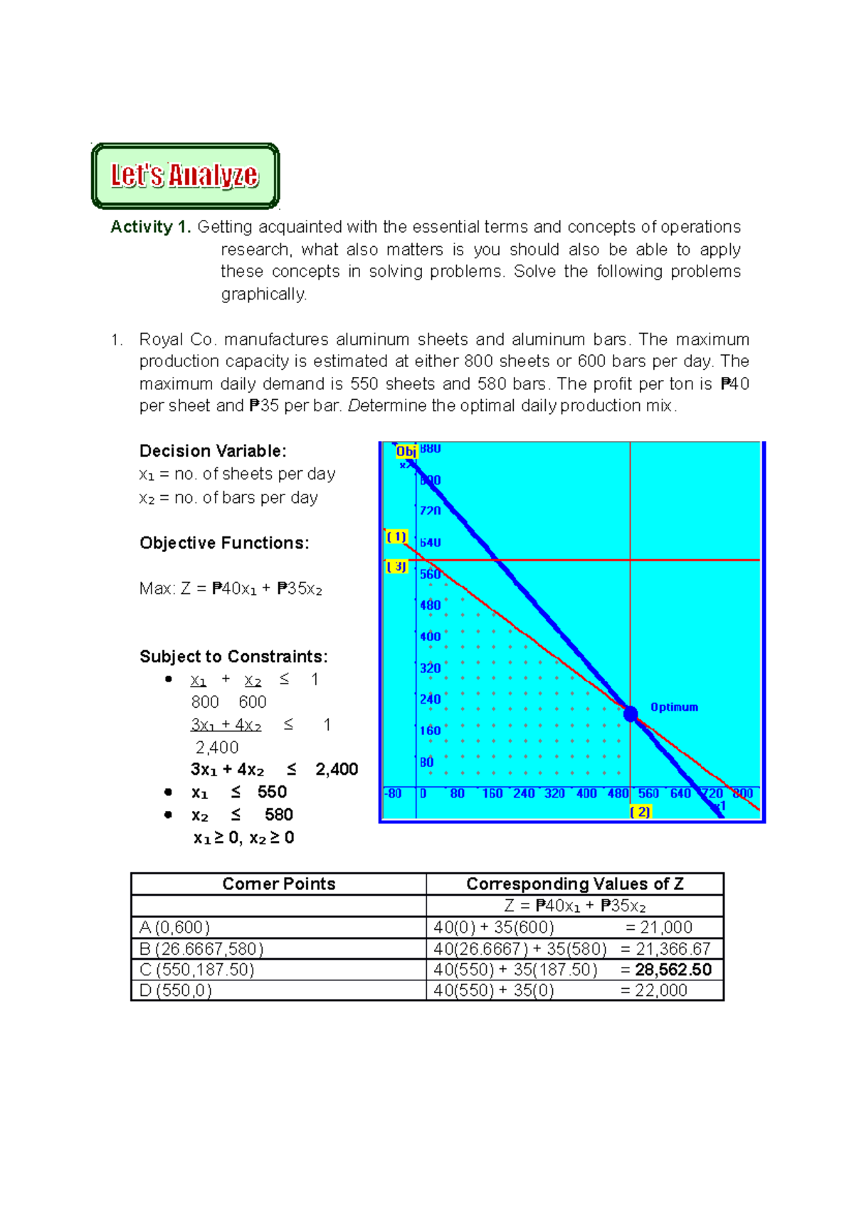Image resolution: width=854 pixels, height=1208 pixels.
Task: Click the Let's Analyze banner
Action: tap(185, 176)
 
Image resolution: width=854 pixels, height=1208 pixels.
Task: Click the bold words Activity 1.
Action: tap(150, 227)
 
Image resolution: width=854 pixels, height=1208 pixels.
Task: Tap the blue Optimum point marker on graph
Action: tap(631, 714)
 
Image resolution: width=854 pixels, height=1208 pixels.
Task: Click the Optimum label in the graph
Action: tap(674, 707)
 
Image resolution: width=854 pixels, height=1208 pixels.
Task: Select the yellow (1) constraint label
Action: tap(396, 537)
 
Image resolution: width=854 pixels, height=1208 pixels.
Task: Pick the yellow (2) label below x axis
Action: tap(640, 812)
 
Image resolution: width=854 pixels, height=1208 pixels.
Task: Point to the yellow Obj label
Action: tap(406, 452)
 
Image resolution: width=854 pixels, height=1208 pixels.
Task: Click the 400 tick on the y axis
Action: tap(430, 637)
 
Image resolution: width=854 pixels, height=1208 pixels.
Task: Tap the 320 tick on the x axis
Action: tap(554, 793)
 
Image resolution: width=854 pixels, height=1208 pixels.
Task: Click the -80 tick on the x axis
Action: tap(393, 793)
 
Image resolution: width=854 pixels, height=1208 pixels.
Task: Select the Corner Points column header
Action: tap(278, 884)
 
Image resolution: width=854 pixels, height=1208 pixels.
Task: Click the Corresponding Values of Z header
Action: tap(574, 884)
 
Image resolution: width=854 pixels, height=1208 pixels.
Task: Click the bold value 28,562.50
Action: tap(673, 970)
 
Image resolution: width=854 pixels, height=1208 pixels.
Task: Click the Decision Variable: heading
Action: tap(213, 451)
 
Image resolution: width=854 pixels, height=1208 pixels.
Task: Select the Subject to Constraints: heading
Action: tap(233, 657)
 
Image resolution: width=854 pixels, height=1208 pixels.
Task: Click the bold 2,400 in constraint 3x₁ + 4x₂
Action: tap(337, 769)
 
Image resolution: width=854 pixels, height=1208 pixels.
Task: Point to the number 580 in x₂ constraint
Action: tap(278, 815)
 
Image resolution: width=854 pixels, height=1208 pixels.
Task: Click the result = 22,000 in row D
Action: tap(654, 990)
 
